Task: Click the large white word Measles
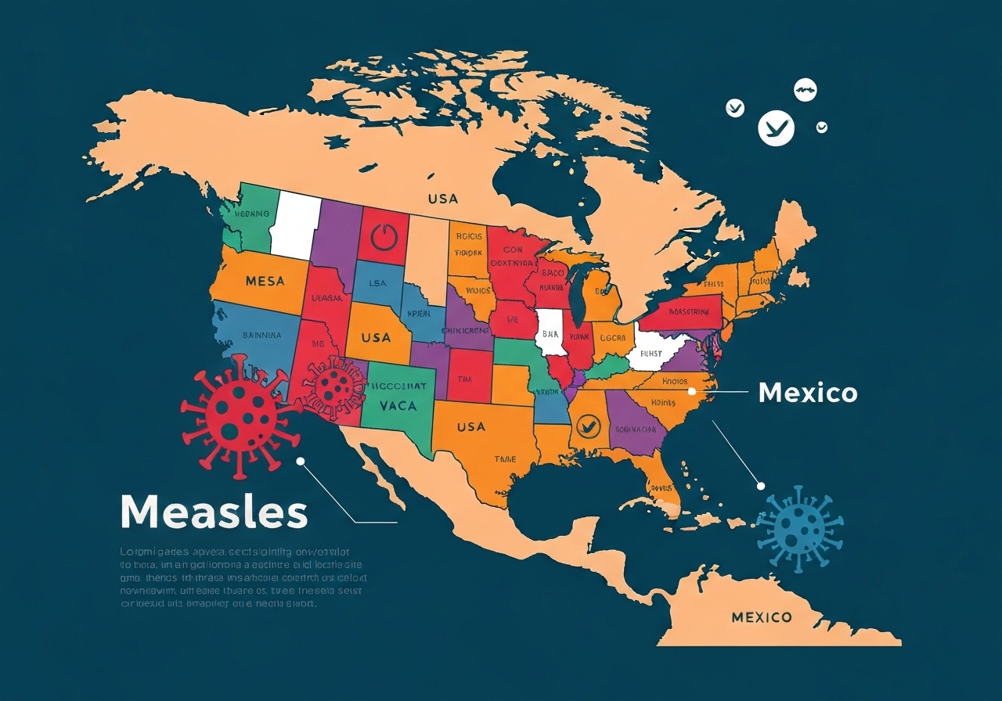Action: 214,512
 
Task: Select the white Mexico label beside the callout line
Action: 808,392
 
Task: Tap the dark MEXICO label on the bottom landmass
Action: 761,617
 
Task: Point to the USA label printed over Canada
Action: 442,200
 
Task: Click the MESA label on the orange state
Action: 265,281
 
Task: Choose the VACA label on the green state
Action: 398,406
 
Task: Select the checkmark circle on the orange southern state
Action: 586,426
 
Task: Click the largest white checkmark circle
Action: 776,128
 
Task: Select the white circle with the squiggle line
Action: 806,92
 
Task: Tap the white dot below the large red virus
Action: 300,462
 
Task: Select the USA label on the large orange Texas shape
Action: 470,427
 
